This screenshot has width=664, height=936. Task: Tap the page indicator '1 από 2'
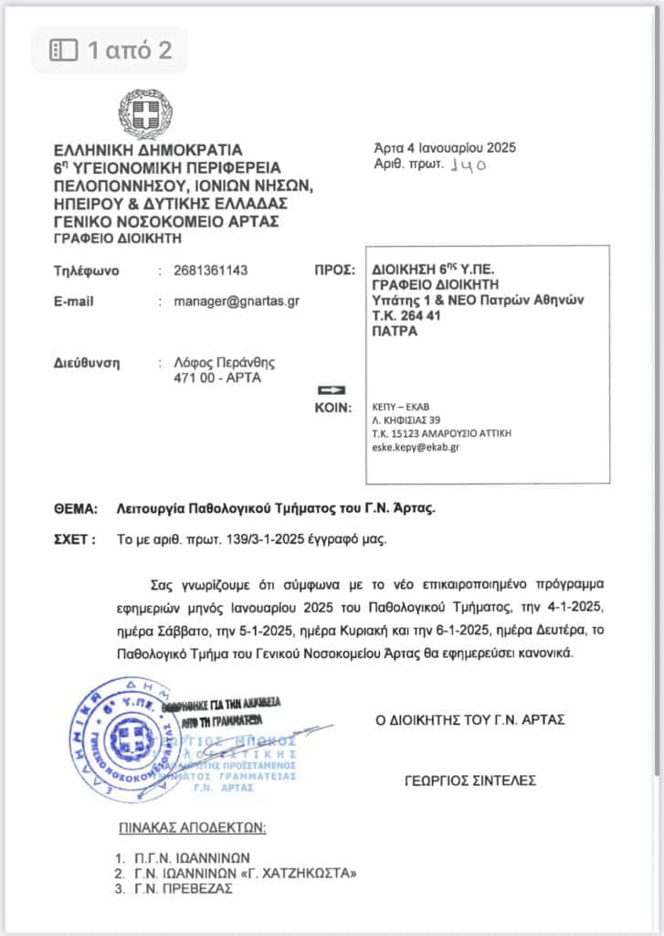pos(111,49)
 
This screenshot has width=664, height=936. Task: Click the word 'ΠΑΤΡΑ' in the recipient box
pos(395,331)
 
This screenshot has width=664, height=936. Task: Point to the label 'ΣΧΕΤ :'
pos(75,539)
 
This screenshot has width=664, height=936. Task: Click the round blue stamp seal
pos(125,740)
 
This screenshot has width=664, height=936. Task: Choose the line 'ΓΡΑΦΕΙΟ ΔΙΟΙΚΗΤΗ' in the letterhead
pos(117,239)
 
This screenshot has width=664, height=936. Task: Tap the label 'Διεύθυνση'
pos(87,362)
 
